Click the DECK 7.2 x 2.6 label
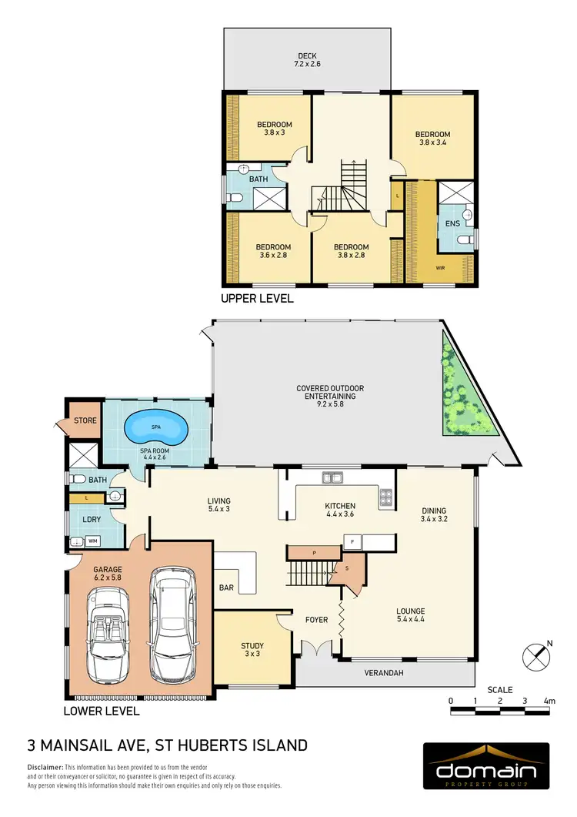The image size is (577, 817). click(307, 60)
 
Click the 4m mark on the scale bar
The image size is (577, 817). click(549, 701)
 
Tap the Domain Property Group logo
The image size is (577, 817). click(486, 768)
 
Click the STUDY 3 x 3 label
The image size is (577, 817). click(252, 650)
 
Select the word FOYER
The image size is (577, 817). click(316, 620)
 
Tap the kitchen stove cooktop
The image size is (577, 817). click(385, 497)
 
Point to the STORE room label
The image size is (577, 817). click(85, 420)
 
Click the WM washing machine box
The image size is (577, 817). click(93, 542)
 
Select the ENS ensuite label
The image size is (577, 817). click(452, 223)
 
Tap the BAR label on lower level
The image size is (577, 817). click(227, 588)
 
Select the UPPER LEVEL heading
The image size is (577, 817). click(257, 299)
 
